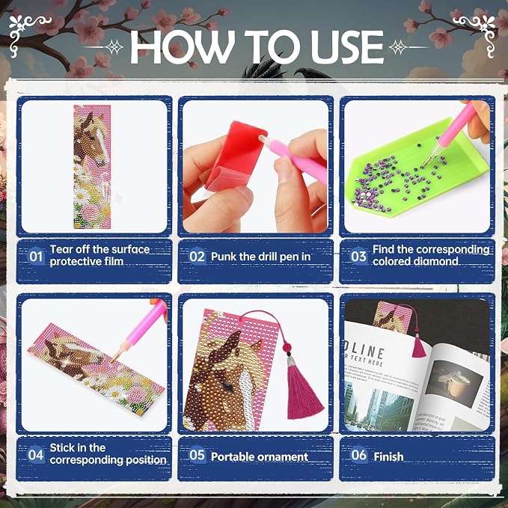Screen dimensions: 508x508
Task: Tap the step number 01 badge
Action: click(36, 257)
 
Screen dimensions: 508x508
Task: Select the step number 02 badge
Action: click(197, 257)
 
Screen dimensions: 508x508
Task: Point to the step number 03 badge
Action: click(358, 257)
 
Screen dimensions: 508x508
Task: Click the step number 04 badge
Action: click(36, 455)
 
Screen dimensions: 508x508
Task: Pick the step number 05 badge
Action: click(197, 455)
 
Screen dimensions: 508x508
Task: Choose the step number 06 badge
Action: click(358, 455)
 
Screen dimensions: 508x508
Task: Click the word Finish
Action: click(388, 456)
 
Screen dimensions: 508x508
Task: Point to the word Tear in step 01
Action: click(61, 249)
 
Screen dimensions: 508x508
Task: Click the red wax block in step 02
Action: click(238, 155)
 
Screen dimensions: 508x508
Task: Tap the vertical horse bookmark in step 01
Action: click(92, 167)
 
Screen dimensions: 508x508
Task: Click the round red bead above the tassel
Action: click(287, 348)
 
